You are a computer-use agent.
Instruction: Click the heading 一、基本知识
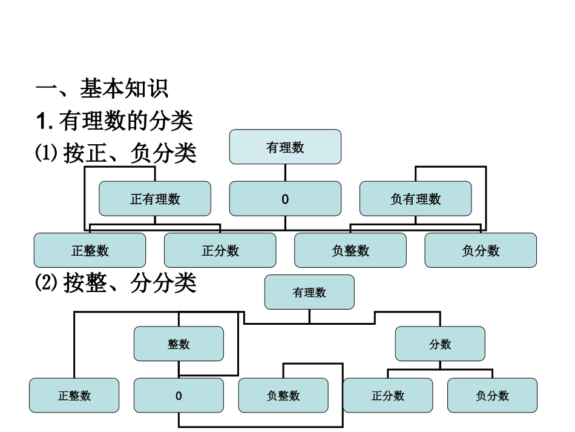pos(102,90)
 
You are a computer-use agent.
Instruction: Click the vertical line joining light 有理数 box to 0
pos(285,173)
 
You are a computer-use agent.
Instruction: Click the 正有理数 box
pos(155,199)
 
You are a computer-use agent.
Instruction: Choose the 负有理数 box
pos(415,199)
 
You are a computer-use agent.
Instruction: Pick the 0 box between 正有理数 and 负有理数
pos(285,199)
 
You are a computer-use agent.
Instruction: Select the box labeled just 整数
pos(179,344)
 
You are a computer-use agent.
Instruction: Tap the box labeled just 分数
pos(440,344)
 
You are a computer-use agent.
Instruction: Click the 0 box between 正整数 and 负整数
pos(179,396)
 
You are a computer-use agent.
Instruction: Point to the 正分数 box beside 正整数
pos(220,250)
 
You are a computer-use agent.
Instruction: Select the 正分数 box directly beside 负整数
pos(388,396)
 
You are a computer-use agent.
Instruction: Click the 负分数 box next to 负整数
pos(481,250)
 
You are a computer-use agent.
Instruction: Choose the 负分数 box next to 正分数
pos(492,396)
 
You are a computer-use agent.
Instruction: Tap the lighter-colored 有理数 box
pos(285,147)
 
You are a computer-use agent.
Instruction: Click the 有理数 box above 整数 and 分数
pos(309,292)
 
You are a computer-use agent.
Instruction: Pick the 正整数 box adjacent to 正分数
pos(90,250)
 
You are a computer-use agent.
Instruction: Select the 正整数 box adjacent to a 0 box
pos(74,396)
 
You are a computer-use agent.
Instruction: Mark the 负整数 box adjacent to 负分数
pos(350,250)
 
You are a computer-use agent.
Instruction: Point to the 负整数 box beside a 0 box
pos(283,396)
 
